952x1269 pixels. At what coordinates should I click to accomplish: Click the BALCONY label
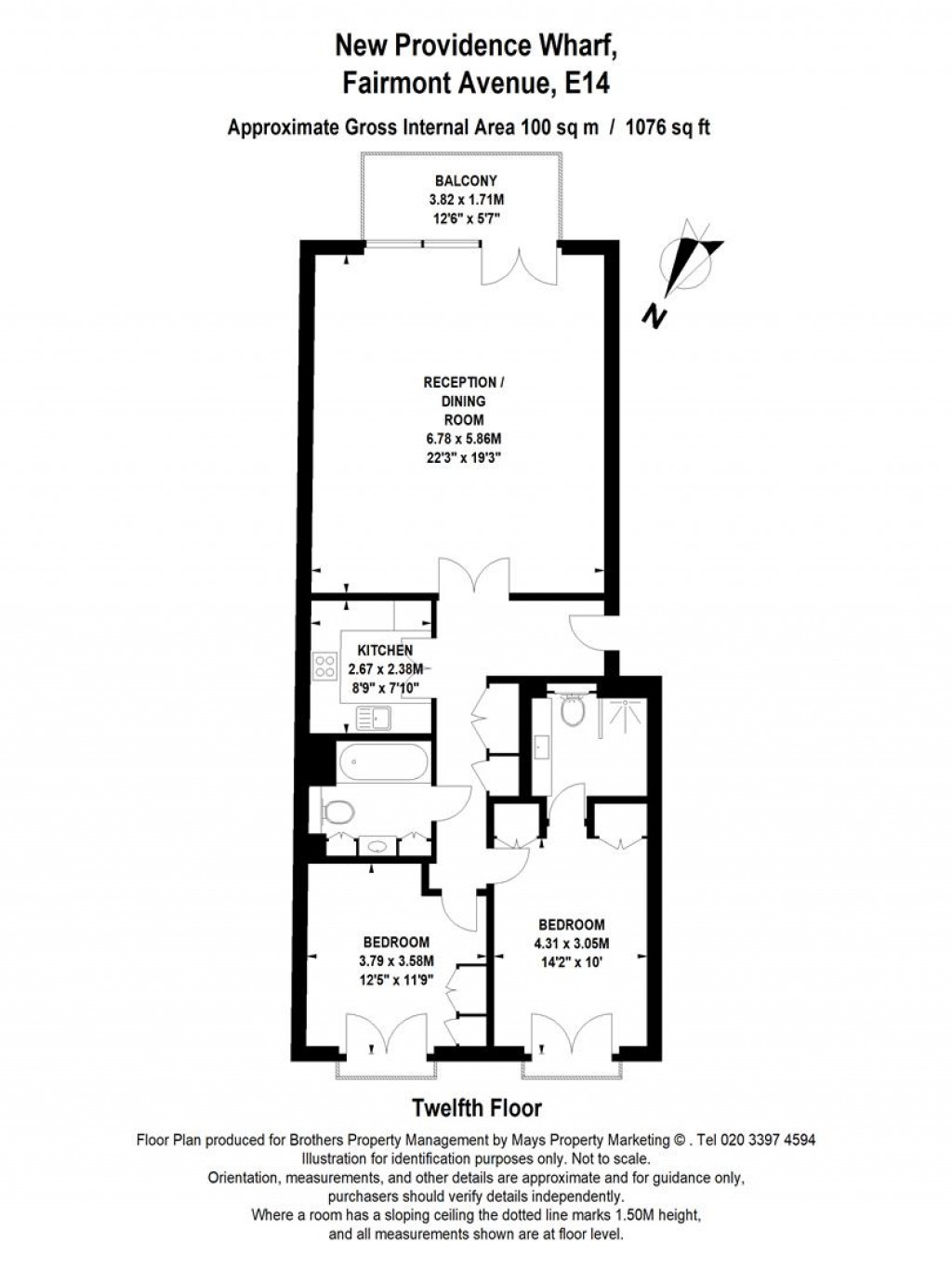coord(466,180)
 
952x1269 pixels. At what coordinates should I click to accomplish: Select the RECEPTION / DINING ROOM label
coord(466,401)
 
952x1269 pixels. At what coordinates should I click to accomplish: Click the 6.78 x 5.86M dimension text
coord(466,438)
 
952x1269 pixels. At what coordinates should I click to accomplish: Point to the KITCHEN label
coord(385,650)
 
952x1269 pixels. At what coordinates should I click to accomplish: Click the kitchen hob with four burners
coord(325,665)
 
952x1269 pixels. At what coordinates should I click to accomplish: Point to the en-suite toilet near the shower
coord(572,712)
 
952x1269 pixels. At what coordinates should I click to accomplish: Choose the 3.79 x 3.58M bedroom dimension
coord(396,961)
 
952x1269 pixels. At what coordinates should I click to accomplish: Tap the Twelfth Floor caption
coord(476,1108)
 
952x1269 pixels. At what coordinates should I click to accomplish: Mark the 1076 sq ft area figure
coord(668,127)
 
